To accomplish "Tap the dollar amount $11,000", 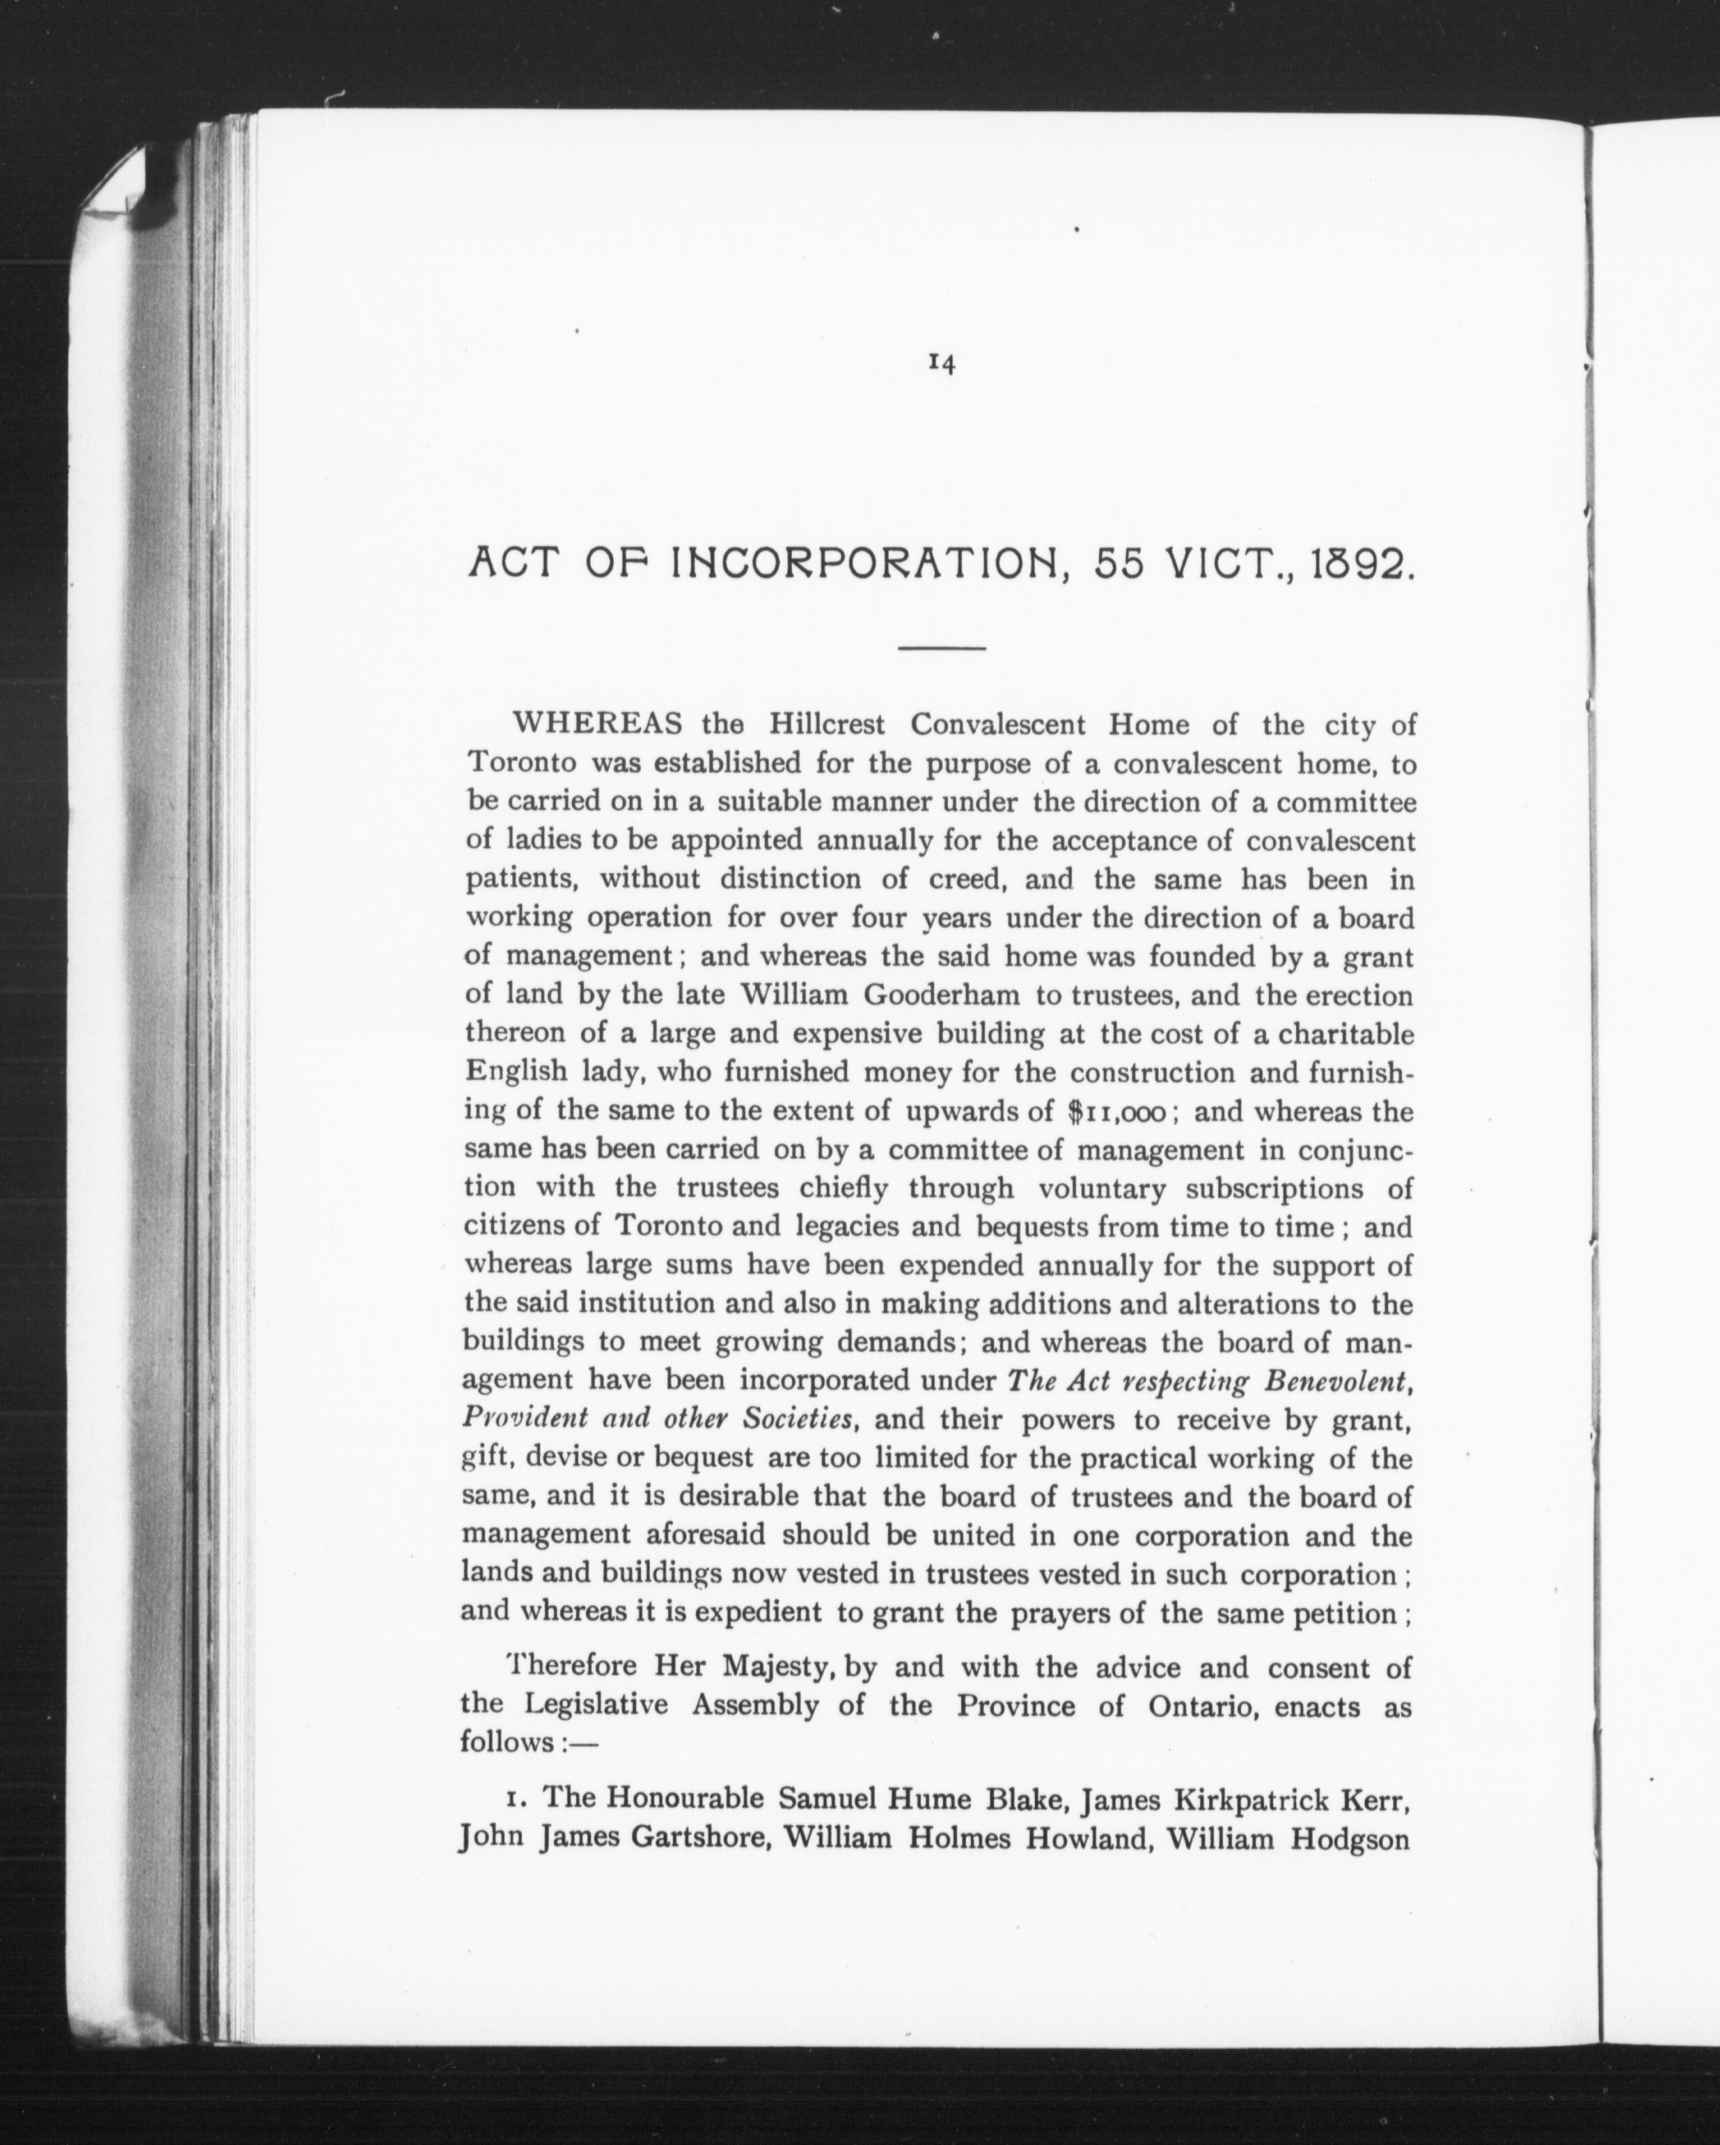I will point(1122,1111).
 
